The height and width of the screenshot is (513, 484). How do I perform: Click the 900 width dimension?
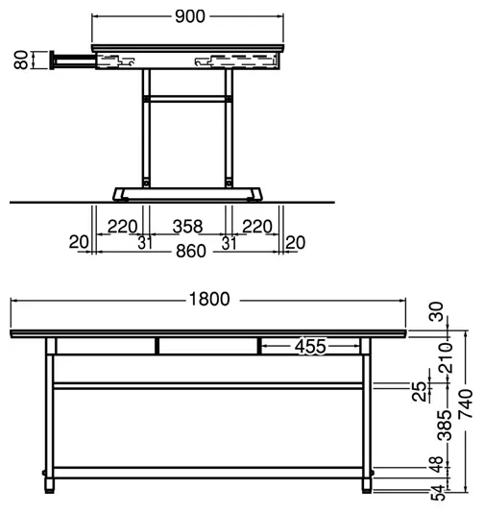click(x=190, y=16)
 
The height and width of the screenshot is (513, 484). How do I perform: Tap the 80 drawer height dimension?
click(x=21, y=60)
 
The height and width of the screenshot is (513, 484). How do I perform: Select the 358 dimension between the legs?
click(x=187, y=227)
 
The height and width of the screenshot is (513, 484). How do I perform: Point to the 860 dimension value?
click(x=191, y=252)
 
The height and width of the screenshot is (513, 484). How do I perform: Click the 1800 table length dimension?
click(x=209, y=299)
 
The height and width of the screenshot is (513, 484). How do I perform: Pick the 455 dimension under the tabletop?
click(x=310, y=347)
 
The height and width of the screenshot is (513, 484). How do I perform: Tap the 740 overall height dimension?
click(x=466, y=403)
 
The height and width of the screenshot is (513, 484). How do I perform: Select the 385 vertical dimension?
click(x=445, y=426)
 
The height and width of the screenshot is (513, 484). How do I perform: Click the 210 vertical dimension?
click(x=446, y=358)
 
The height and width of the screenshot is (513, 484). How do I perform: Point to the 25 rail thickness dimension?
click(x=420, y=392)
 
